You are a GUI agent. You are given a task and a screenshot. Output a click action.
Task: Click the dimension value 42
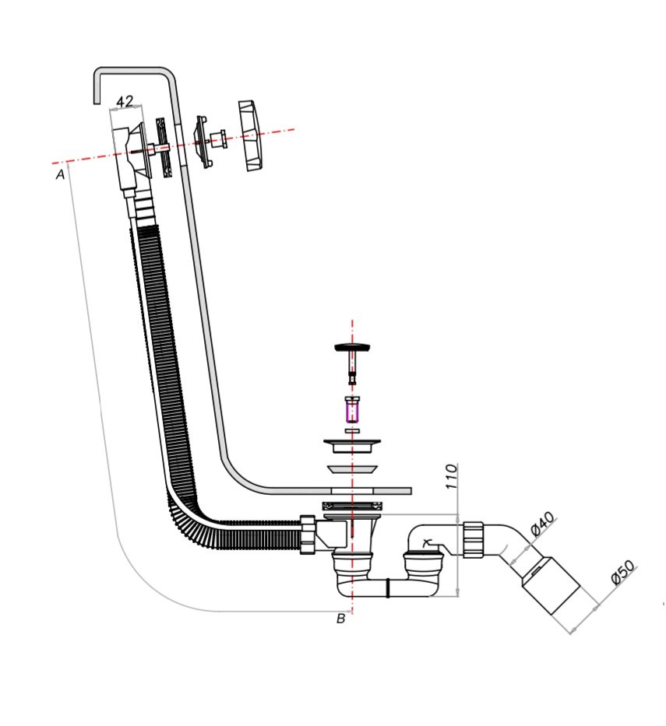pyautogui.click(x=125, y=101)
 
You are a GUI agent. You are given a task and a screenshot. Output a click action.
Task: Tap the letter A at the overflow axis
pyautogui.click(x=60, y=175)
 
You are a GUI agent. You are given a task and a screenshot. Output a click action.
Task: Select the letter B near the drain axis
pyautogui.click(x=340, y=619)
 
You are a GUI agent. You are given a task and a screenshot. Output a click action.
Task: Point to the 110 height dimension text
pyautogui.click(x=449, y=476)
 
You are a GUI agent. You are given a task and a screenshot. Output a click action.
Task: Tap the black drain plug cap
pyautogui.click(x=353, y=347)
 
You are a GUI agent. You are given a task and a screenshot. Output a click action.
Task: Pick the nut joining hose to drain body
pyautogui.click(x=308, y=535)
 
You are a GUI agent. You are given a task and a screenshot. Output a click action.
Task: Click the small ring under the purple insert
pyautogui.click(x=352, y=430)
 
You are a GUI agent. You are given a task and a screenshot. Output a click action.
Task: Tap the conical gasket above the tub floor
pyautogui.click(x=352, y=468)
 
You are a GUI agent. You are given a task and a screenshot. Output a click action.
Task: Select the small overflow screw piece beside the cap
pyautogui.click(x=215, y=139)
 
